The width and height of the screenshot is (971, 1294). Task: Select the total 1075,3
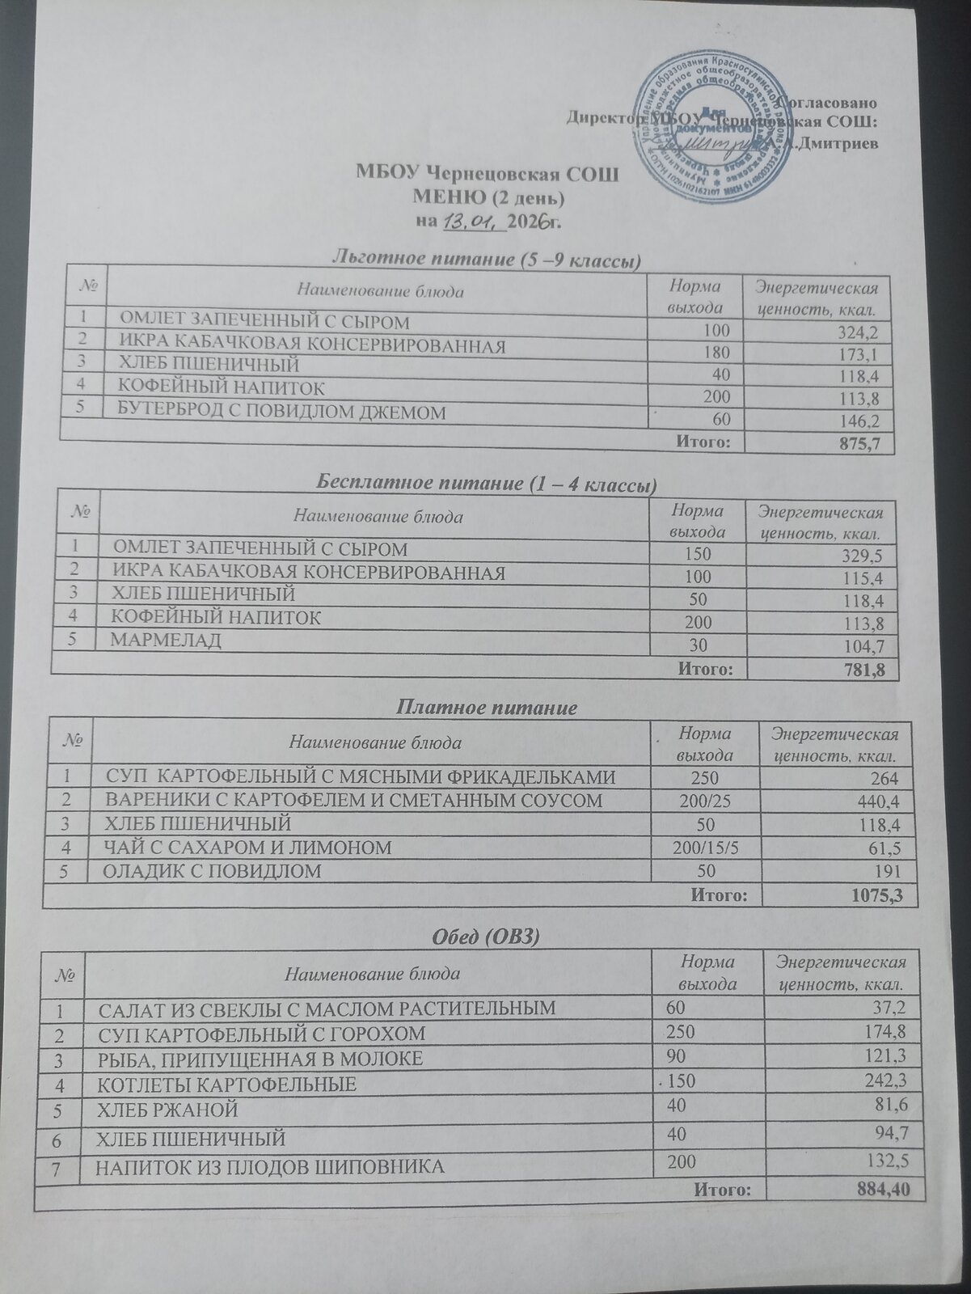tap(877, 895)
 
